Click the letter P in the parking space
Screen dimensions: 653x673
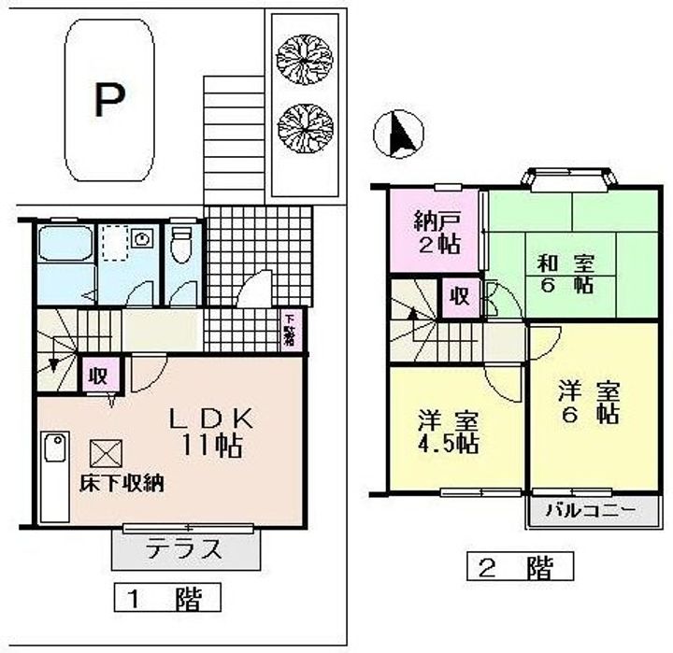(x=109, y=100)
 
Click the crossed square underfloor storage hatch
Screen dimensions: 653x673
(x=102, y=454)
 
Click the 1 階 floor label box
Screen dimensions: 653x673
(x=167, y=597)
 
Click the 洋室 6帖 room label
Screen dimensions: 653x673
(x=589, y=402)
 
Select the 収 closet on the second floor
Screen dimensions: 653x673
(x=460, y=298)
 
